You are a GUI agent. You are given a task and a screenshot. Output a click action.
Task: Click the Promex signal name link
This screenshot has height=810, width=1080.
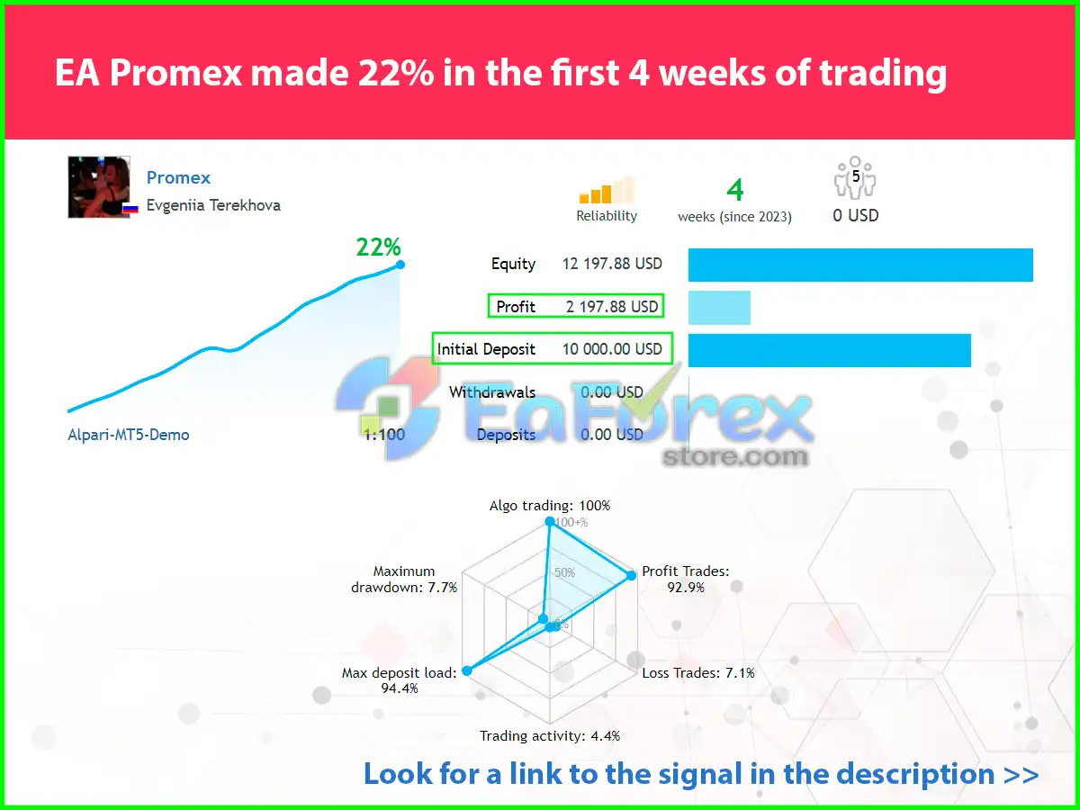(178, 177)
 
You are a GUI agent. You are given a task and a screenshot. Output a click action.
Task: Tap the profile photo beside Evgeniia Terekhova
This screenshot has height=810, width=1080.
(99, 187)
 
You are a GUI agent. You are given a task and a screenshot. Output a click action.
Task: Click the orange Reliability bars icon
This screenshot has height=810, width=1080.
(607, 190)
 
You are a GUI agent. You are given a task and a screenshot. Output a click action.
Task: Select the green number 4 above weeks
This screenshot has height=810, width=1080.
(735, 190)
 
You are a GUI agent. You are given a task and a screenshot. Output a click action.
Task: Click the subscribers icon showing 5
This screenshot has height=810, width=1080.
(855, 177)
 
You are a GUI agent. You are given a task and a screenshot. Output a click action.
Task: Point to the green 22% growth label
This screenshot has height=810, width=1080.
(378, 247)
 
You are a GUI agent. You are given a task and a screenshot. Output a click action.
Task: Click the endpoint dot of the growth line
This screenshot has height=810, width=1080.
(400, 265)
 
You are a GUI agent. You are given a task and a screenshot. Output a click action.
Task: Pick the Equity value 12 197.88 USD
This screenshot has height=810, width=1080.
(612, 264)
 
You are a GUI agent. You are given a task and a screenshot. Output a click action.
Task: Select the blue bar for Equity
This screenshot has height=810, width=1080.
(860, 265)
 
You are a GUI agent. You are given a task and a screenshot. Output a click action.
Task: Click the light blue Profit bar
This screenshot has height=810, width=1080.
(719, 308)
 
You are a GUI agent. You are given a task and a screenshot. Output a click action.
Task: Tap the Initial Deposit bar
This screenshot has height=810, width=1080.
(830, 351)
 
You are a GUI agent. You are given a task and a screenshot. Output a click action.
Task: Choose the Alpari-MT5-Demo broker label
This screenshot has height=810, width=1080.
(129, 435)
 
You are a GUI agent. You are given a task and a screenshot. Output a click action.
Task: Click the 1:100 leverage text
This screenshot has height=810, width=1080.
(384, 435)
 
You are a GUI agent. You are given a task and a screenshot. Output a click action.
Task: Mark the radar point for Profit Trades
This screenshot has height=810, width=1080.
(631, 575)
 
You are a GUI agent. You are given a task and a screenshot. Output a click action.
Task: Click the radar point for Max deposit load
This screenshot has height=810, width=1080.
(467, 670)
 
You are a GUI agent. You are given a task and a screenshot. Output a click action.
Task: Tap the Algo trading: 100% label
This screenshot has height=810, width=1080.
(550, 506)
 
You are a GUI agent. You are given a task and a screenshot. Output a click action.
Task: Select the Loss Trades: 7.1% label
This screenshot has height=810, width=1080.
(698, 673)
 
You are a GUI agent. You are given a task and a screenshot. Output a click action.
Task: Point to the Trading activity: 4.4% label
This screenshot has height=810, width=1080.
(550, 736)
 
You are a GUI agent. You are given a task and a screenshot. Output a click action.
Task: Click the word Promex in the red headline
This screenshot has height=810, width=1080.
(175, 74)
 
